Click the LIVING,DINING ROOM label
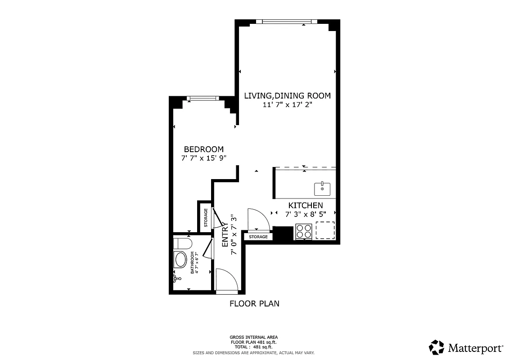pos(287,95)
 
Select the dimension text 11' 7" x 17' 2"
pos(287,104)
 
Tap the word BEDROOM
pos(203,149)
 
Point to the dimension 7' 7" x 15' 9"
pos(203,158)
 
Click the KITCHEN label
pos(306,205)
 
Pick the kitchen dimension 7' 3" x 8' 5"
pos(306,214)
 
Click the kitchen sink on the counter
pos(322,188)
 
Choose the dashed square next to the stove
pos(324,230)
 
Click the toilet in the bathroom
pos(183,244)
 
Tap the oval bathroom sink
pos(181,260)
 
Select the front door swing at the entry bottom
pos(226,281)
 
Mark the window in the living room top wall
pos(287,21)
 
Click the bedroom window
pos(203,98)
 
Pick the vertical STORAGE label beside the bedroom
pos(206,217)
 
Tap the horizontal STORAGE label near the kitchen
pos(258,237)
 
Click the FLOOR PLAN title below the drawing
pos(254,303)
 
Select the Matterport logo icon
pos(437,347)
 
